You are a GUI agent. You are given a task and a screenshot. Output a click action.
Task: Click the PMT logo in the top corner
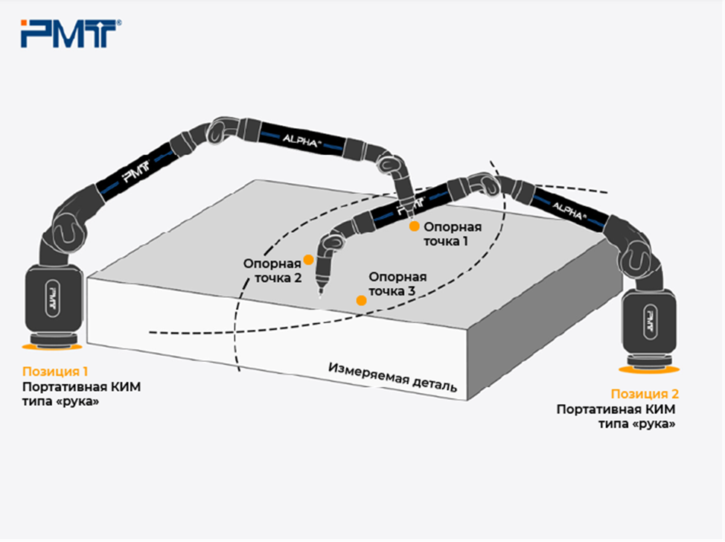pyautogui.click(x=71, y=34)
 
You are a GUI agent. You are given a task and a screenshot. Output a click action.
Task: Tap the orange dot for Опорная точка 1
pyautogui.click(x=415, y=226)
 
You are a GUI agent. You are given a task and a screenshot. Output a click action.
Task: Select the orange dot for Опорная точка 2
pyautogui.click(x=308, y=259)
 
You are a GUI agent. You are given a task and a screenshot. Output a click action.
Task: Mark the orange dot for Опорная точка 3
pyautogui.click(x=361, y=301)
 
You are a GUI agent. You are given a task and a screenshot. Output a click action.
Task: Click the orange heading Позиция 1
pyautogui.click(x=55, y=372)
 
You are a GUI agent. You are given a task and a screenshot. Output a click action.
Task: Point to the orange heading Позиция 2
pyautogui.click(x=645, y=394)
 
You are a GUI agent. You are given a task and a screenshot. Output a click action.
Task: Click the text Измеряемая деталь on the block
pyautogui.click(x=392, y=377)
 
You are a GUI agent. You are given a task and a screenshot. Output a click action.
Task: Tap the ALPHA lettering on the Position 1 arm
pyautogui.click(x=301, y=140)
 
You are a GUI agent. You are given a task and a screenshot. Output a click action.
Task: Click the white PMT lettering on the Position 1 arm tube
pyautogui.click(x=136, y=171)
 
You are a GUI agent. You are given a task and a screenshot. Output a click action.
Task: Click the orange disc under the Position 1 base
pyautogui.click(x=52, y=346)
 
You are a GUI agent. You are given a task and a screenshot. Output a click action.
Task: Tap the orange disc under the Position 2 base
pyautogui.click(x=649, y=369)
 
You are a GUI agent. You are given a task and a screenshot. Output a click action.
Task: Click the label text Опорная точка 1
pyautogui.click(x=453, y=234)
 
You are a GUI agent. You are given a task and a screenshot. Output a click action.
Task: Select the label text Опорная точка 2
pyautogui.click(x=272, y=270)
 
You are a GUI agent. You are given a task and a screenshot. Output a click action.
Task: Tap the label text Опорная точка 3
pyautogui.click(x=397, y=284)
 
